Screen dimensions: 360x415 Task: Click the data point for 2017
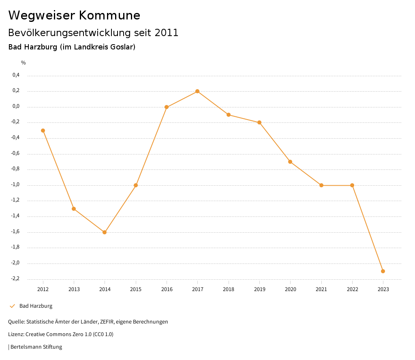tap(197, 91)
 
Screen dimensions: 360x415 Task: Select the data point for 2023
tap(383, 271)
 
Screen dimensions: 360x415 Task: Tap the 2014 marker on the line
tap(105, 232)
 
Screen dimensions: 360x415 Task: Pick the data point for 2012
tap(43, 131)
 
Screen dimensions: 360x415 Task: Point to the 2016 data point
tap(167, 107)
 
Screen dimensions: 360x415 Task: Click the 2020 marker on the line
tap(290, 162)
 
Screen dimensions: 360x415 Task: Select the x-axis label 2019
tap(259, 289)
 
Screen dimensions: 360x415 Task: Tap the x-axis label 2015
tap(136, 289)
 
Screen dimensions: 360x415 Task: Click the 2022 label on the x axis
tap(352, 289)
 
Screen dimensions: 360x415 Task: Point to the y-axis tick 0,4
tap(16, 75)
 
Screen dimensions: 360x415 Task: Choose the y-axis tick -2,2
tap(15, 279)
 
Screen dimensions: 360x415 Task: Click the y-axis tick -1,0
tap(15, 184)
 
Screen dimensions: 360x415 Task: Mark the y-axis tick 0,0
tap(16, 106)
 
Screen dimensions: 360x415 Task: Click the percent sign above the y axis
tap(24, 63)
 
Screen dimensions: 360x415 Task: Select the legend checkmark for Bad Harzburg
tap(12, 306)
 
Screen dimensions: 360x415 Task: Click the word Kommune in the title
tap(109, 15)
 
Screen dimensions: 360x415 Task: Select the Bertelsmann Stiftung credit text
tap(36, 347)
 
